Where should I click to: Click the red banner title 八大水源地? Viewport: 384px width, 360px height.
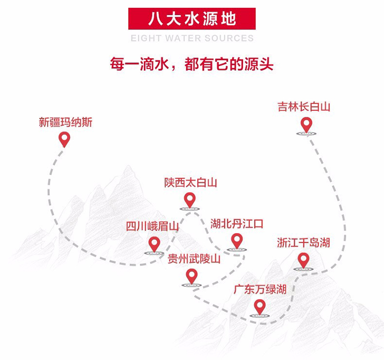pyautogui.click(x=191, y=19)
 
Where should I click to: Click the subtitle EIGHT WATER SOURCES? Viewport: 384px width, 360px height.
pyautogui.click(x=192, y=38)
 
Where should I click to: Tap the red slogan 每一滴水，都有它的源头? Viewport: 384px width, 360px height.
pyautogui.click(x=192, y=65)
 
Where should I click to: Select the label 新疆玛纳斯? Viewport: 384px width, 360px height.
pyautogui.click(x=66, y=122)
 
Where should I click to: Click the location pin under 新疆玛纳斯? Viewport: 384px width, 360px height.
pyautogui.click(x=65, y=139)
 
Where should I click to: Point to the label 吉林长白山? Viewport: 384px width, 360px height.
pyautogui.click(x=304, y=107)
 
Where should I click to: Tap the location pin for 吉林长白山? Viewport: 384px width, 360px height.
pyautogui.click(x=306, y=124)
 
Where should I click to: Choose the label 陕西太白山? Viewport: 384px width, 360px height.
pyautogui.click(x=191, y=183)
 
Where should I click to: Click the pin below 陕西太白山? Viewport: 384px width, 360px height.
pyautogui.click(x=190, y=200)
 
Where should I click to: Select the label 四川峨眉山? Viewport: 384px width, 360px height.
pyautogui.click(x=153, y=226)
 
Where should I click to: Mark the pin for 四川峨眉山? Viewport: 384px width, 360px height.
pyautogui.click(x=154, y=244)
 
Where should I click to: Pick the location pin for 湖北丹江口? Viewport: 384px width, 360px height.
pyautogui.click(x=237, y=240)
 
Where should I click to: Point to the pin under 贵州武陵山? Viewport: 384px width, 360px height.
pyautogui.click(x=192, y=276)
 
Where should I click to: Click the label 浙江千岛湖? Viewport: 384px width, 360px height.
pyautogui.click(x=304, y=243)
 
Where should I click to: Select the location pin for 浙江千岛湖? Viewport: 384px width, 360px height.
pyautogui.click(x=304, y=260)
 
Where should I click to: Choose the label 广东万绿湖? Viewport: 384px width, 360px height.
pyautogui.click(x=260, y=289)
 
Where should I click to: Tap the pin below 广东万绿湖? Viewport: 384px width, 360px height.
pyautogui.click(x=260, y=306)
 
